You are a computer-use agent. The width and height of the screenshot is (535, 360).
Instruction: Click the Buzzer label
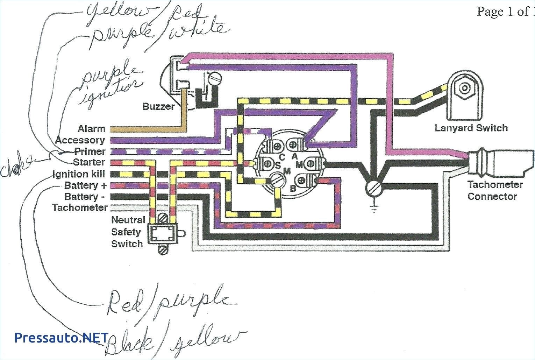[158, 106]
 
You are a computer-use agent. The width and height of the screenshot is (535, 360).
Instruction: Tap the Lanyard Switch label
[471, 128]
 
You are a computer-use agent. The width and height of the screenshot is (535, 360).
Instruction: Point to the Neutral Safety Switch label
[127, 232]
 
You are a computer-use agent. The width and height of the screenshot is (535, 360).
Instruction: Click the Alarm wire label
[91, 129]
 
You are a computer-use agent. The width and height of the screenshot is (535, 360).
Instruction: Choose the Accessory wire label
[80, 140]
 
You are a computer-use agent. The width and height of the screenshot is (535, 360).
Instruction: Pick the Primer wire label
[90, 151]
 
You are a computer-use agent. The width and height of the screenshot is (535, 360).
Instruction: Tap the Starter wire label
[89, 162]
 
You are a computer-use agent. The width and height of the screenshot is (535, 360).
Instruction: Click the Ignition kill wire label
[79, 174]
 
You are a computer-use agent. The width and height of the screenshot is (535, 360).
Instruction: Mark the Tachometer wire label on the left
[80, 207]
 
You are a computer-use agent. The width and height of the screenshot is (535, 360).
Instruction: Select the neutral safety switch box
[162, 233]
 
